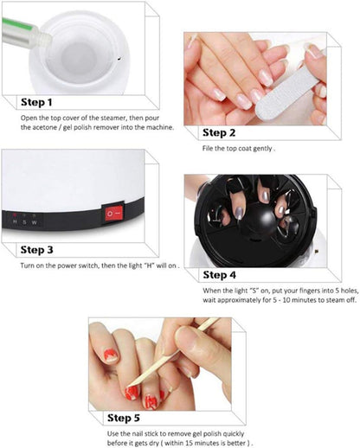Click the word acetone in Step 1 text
(x=37, y=127)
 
